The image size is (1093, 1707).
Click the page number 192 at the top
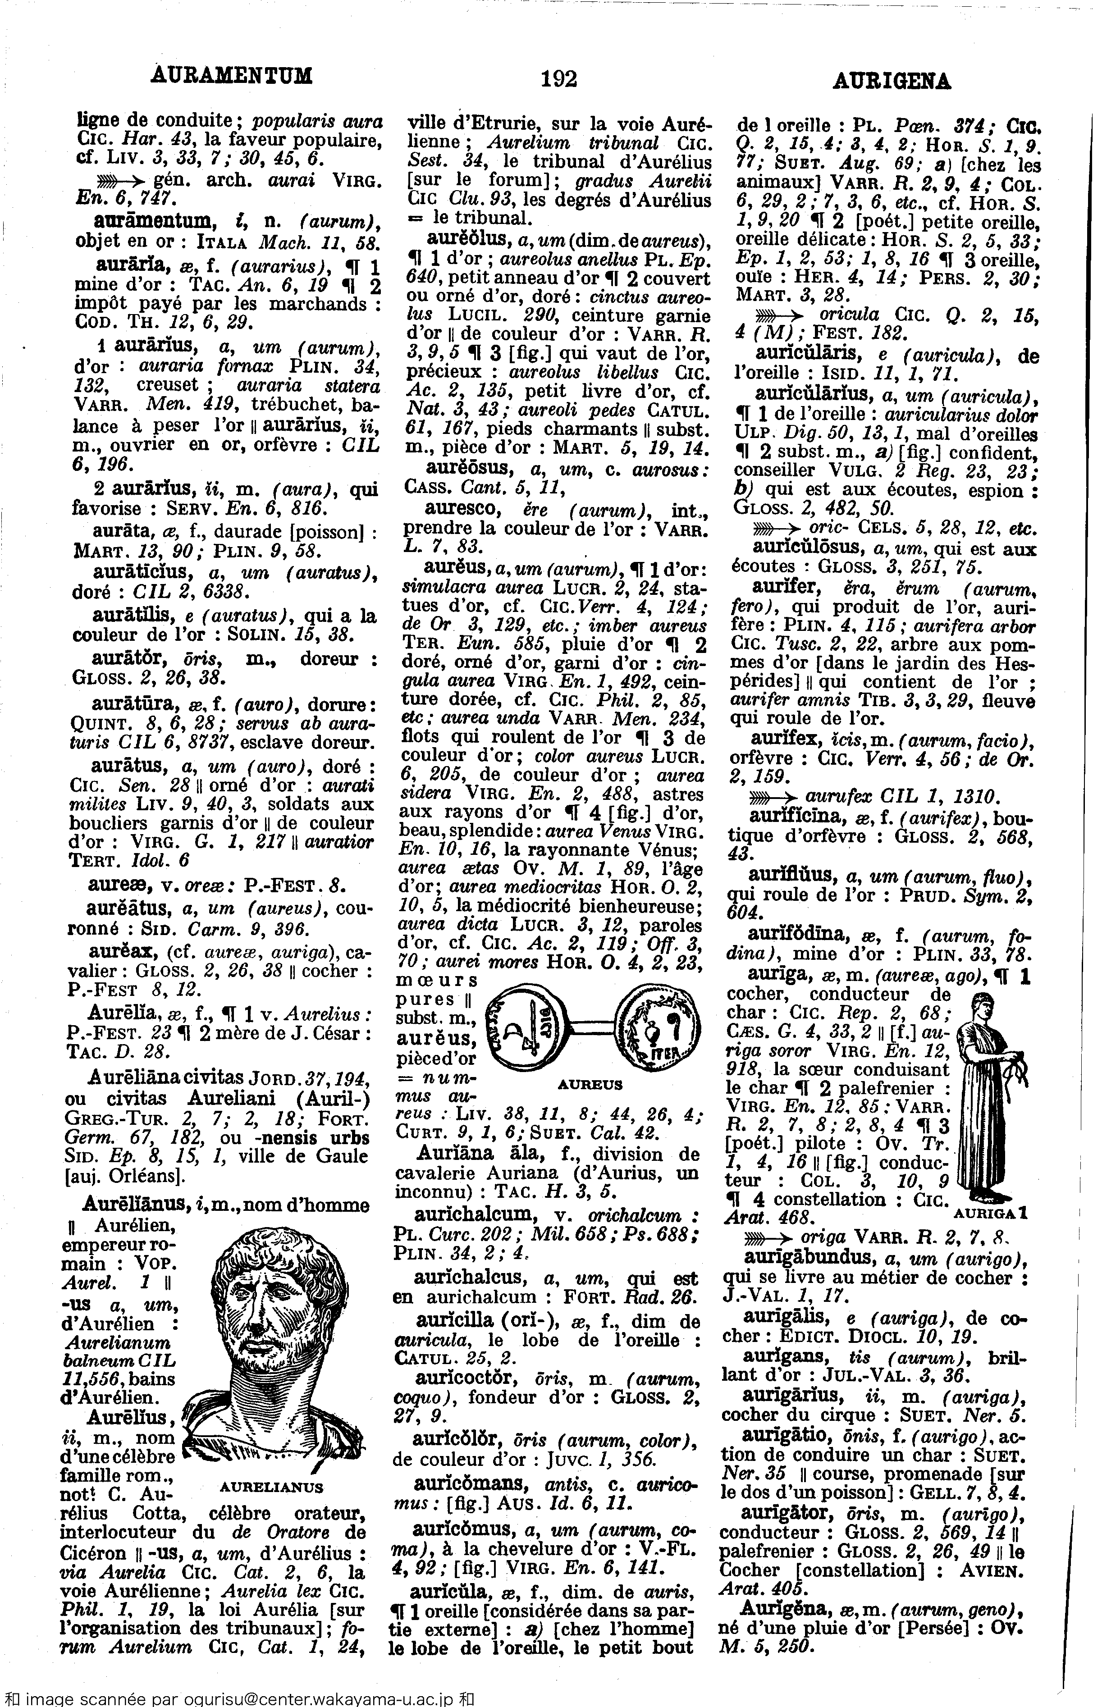[558, 79]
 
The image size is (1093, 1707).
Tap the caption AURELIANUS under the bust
[271, 1486]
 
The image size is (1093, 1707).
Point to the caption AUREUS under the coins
[590, 1085]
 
